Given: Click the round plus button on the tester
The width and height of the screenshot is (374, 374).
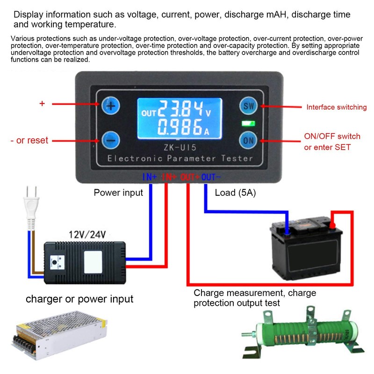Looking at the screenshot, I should coord(111,106).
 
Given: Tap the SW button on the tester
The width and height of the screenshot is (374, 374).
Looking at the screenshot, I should coord(247,106).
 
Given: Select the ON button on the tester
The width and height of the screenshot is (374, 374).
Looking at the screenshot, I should coord(247,139).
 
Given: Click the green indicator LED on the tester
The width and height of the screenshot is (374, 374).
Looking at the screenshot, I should coord(246,124).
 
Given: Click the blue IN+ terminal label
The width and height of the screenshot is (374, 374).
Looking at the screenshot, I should coord(150,177).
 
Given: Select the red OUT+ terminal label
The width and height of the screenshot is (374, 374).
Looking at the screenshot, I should coord(190,177).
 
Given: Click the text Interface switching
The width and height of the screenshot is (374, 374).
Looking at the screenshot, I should coord(336,107).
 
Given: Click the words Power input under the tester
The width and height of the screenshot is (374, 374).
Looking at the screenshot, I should coord(118,192).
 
